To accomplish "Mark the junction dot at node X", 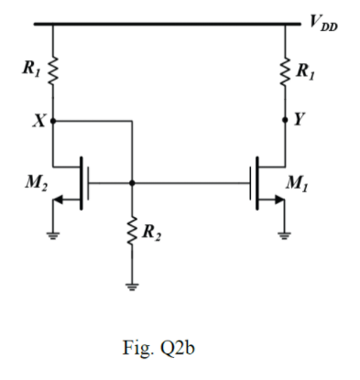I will point(53,119).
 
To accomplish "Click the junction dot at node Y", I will point(285,119).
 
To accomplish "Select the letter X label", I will point(38,119).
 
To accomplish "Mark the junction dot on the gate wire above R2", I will point(134,182).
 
